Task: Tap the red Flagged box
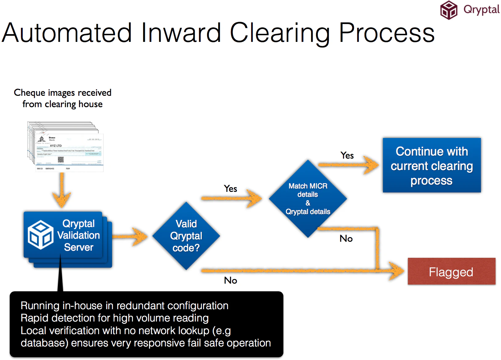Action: point(451,272)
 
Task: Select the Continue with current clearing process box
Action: point(431,165)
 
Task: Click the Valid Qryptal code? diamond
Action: point(186,236)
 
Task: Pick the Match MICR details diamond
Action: point(308,199)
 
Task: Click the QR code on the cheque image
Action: point(61,160)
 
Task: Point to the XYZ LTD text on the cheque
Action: point(56,146)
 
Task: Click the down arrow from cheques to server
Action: point(62,191)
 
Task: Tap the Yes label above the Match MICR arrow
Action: point(230,188)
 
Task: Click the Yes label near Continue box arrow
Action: point(347,156)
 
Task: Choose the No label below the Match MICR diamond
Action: point(346,238)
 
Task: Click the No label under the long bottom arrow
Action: point(230,280)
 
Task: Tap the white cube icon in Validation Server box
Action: point(40,235)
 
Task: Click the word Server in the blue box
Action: point(78,247)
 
